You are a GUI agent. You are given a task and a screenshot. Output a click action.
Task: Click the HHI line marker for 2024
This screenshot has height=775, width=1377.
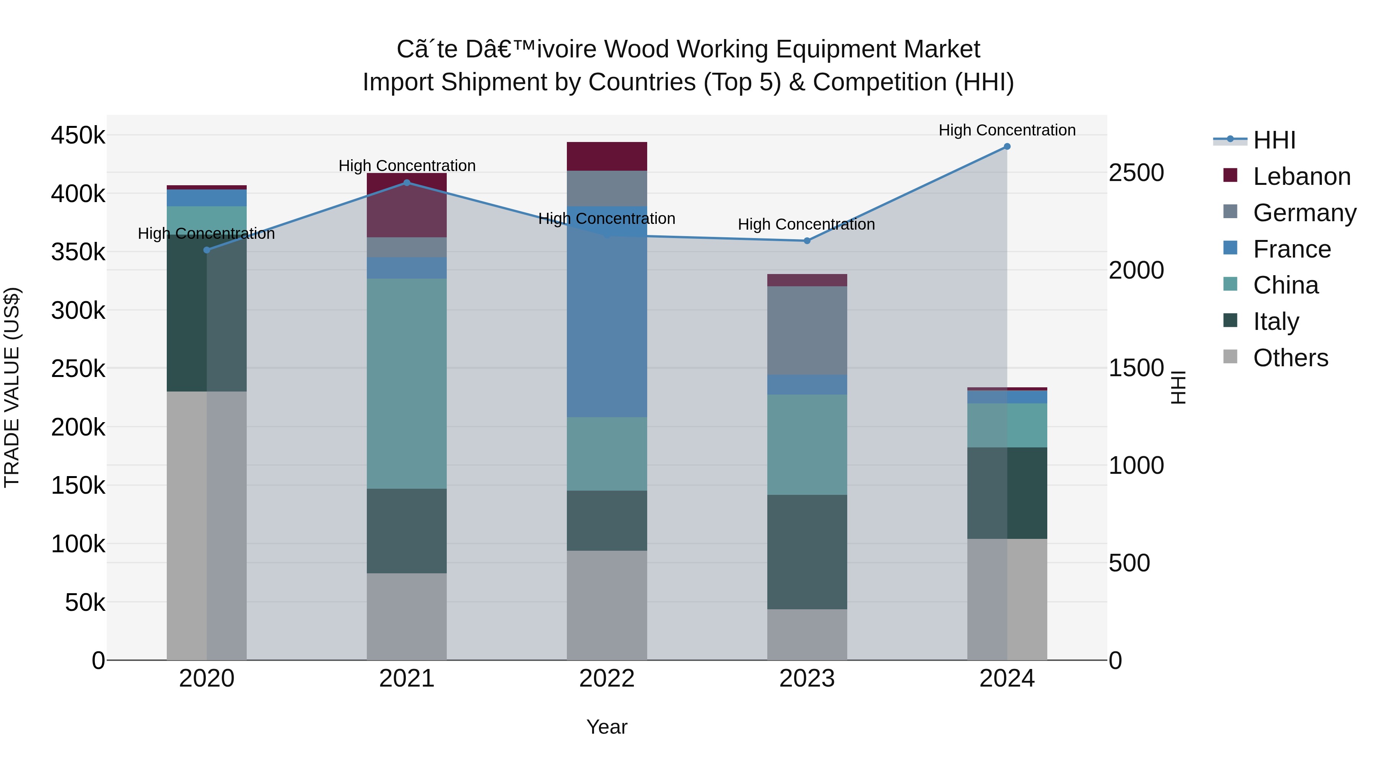(1007, 147)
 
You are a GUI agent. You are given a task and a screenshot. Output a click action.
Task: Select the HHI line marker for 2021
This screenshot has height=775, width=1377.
(407, 183)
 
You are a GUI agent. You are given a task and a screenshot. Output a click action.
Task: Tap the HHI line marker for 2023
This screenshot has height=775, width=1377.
(807, 241)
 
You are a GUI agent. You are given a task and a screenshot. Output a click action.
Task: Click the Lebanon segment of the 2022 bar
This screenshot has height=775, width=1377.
(607, 156)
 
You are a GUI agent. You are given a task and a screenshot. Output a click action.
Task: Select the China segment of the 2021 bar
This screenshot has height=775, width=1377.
(407, 383)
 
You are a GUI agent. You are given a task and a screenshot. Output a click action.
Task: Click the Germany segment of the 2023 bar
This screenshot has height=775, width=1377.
(807, 331)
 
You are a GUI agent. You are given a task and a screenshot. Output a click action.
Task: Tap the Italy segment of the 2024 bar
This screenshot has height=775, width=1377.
(1007, 493)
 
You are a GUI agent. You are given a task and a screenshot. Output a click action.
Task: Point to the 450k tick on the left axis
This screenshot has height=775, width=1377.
(78, 135)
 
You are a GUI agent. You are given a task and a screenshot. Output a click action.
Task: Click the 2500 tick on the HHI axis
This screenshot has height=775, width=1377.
(1136, 173)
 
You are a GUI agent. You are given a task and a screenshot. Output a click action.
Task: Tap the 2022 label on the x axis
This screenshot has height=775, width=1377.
(607, 679)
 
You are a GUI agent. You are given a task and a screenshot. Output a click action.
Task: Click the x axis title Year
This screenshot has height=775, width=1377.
(607, 727)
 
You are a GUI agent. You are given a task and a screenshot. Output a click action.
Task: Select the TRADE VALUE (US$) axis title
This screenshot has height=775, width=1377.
(12, 387)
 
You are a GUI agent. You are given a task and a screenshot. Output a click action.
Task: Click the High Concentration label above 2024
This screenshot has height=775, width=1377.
(1007, 130)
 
